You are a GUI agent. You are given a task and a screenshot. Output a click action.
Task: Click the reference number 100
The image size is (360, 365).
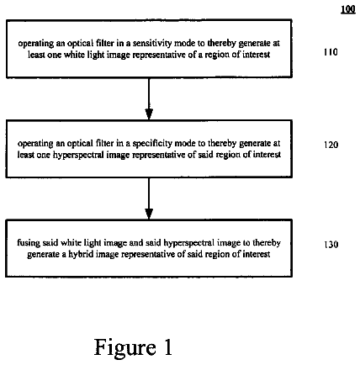pos(348,9)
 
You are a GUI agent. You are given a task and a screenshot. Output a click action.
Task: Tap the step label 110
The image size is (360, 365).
pos(331,52)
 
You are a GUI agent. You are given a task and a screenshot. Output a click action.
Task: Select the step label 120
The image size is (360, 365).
pos(331,145)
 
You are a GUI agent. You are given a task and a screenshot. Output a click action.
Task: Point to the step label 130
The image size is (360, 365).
pos(331,245)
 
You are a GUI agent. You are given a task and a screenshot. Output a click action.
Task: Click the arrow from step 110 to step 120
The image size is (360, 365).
pos(149,98)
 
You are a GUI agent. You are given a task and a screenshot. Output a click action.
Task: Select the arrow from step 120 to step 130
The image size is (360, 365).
pos(149,198)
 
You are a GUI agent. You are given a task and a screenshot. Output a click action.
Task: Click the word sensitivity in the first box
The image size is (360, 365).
pos(151,43)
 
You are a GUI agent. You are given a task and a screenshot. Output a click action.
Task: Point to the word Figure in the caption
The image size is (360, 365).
pos(124,347)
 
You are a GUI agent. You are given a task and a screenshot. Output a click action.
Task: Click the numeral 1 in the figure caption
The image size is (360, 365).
pos(167,346)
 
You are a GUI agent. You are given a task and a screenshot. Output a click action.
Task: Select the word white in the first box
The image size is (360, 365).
pos(74,55)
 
